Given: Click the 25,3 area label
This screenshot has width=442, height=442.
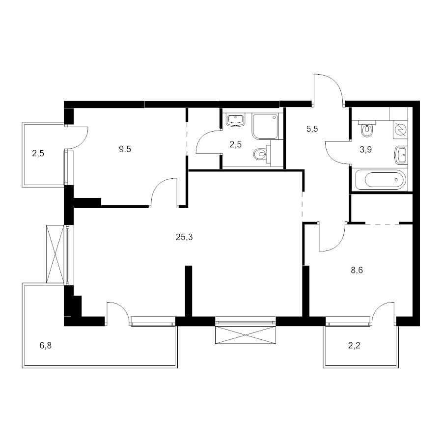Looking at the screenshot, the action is (x=184, y=237).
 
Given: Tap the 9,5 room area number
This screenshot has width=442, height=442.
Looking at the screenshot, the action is (x=125, y=149).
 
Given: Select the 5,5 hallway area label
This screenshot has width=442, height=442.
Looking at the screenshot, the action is (x=312, y=129).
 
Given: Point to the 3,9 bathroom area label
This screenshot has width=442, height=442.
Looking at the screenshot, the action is (x=365, y=150).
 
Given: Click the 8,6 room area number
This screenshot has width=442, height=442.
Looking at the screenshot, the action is (x=357, y=270).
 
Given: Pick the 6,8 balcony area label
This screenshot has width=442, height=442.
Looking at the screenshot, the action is (x=46, y=345).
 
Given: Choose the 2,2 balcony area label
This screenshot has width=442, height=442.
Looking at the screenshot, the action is (x=354, y=345).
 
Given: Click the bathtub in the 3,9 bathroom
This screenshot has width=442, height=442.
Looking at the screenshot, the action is (x=381, y=179).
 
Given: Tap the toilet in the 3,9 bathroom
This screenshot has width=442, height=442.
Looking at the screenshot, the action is (x=367, y=129).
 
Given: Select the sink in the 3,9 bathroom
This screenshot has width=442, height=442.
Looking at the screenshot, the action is (x=401, y=155).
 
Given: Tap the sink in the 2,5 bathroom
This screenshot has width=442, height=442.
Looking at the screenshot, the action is (x=235, y=120).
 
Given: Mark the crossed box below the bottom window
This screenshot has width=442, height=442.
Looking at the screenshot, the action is (x=246, y=335).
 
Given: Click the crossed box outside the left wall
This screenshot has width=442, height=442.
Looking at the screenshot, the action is (x=55, y=254).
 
